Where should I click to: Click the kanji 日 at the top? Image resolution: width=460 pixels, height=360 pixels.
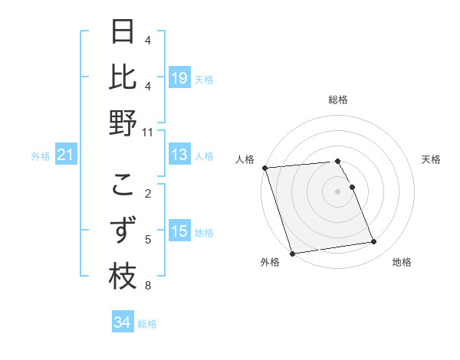click(x=123, y=32)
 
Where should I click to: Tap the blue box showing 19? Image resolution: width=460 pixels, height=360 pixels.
click(x=179, y=78)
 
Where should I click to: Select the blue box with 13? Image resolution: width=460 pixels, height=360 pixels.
click(x=179, y=155)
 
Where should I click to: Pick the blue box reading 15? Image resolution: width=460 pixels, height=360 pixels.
click(x=179, y=231)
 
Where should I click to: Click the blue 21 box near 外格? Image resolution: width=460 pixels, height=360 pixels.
click(x=66, y=155)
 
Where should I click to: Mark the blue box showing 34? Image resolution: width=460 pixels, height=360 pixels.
click(x=123, y=322)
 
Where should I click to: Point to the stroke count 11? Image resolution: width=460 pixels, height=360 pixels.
click(x=148, y=132)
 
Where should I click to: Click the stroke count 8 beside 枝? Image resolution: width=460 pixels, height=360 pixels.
click(x=148, y=286)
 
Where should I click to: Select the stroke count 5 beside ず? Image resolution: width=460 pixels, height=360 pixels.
click(x=148, y=239)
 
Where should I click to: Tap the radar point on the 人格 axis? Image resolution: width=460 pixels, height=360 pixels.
click(x=264, y=168)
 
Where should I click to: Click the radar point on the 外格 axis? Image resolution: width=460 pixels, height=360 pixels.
click(x=292, y=254)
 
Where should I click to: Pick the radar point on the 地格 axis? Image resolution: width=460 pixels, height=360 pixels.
click(x=373, y=242)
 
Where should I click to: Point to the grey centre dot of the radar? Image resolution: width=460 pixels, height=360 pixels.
click(x=337, y=191)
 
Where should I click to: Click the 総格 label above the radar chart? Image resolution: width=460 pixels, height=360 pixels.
click(x=337, y=100)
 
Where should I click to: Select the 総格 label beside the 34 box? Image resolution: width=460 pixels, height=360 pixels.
click(x=148, y=324)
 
